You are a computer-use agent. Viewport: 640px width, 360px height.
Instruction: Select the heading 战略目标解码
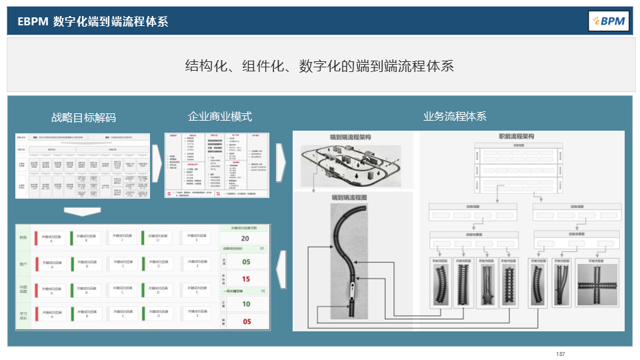pyautogui.click(x=83, y=117)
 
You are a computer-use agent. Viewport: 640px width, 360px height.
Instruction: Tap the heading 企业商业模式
pyautogui.click(x=220, y=117)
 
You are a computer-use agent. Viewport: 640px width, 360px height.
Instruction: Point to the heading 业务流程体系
pyautogui.click(x=455, y=116)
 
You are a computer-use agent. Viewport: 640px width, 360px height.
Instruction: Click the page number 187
pyautogui.click(x=560, y=353)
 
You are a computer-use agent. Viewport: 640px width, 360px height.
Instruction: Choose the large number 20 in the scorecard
pyautogui.click(x=245, y=239)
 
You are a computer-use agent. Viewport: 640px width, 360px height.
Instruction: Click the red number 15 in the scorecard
pyautogui.click(x=245, y=279)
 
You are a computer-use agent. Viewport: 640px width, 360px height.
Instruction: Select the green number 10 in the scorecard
pyautogui.click(x=245, y=304)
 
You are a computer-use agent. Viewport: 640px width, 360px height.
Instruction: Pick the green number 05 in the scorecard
pyautogui.click(x=245, y=262)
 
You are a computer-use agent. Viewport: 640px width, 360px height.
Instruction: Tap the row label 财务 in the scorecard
pyautogui.click(x=23, y=238)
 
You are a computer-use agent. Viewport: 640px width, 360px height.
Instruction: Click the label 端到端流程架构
pyautogui.click(x=350, y=137)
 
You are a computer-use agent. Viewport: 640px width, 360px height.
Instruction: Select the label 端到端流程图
pyautogui.click(x=351, y=198)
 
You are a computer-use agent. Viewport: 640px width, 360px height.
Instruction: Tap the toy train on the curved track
pyautogui.click(x=351, y=293)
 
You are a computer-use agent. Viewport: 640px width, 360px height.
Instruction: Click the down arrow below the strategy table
pyautogui.click(x=83, y=211)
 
